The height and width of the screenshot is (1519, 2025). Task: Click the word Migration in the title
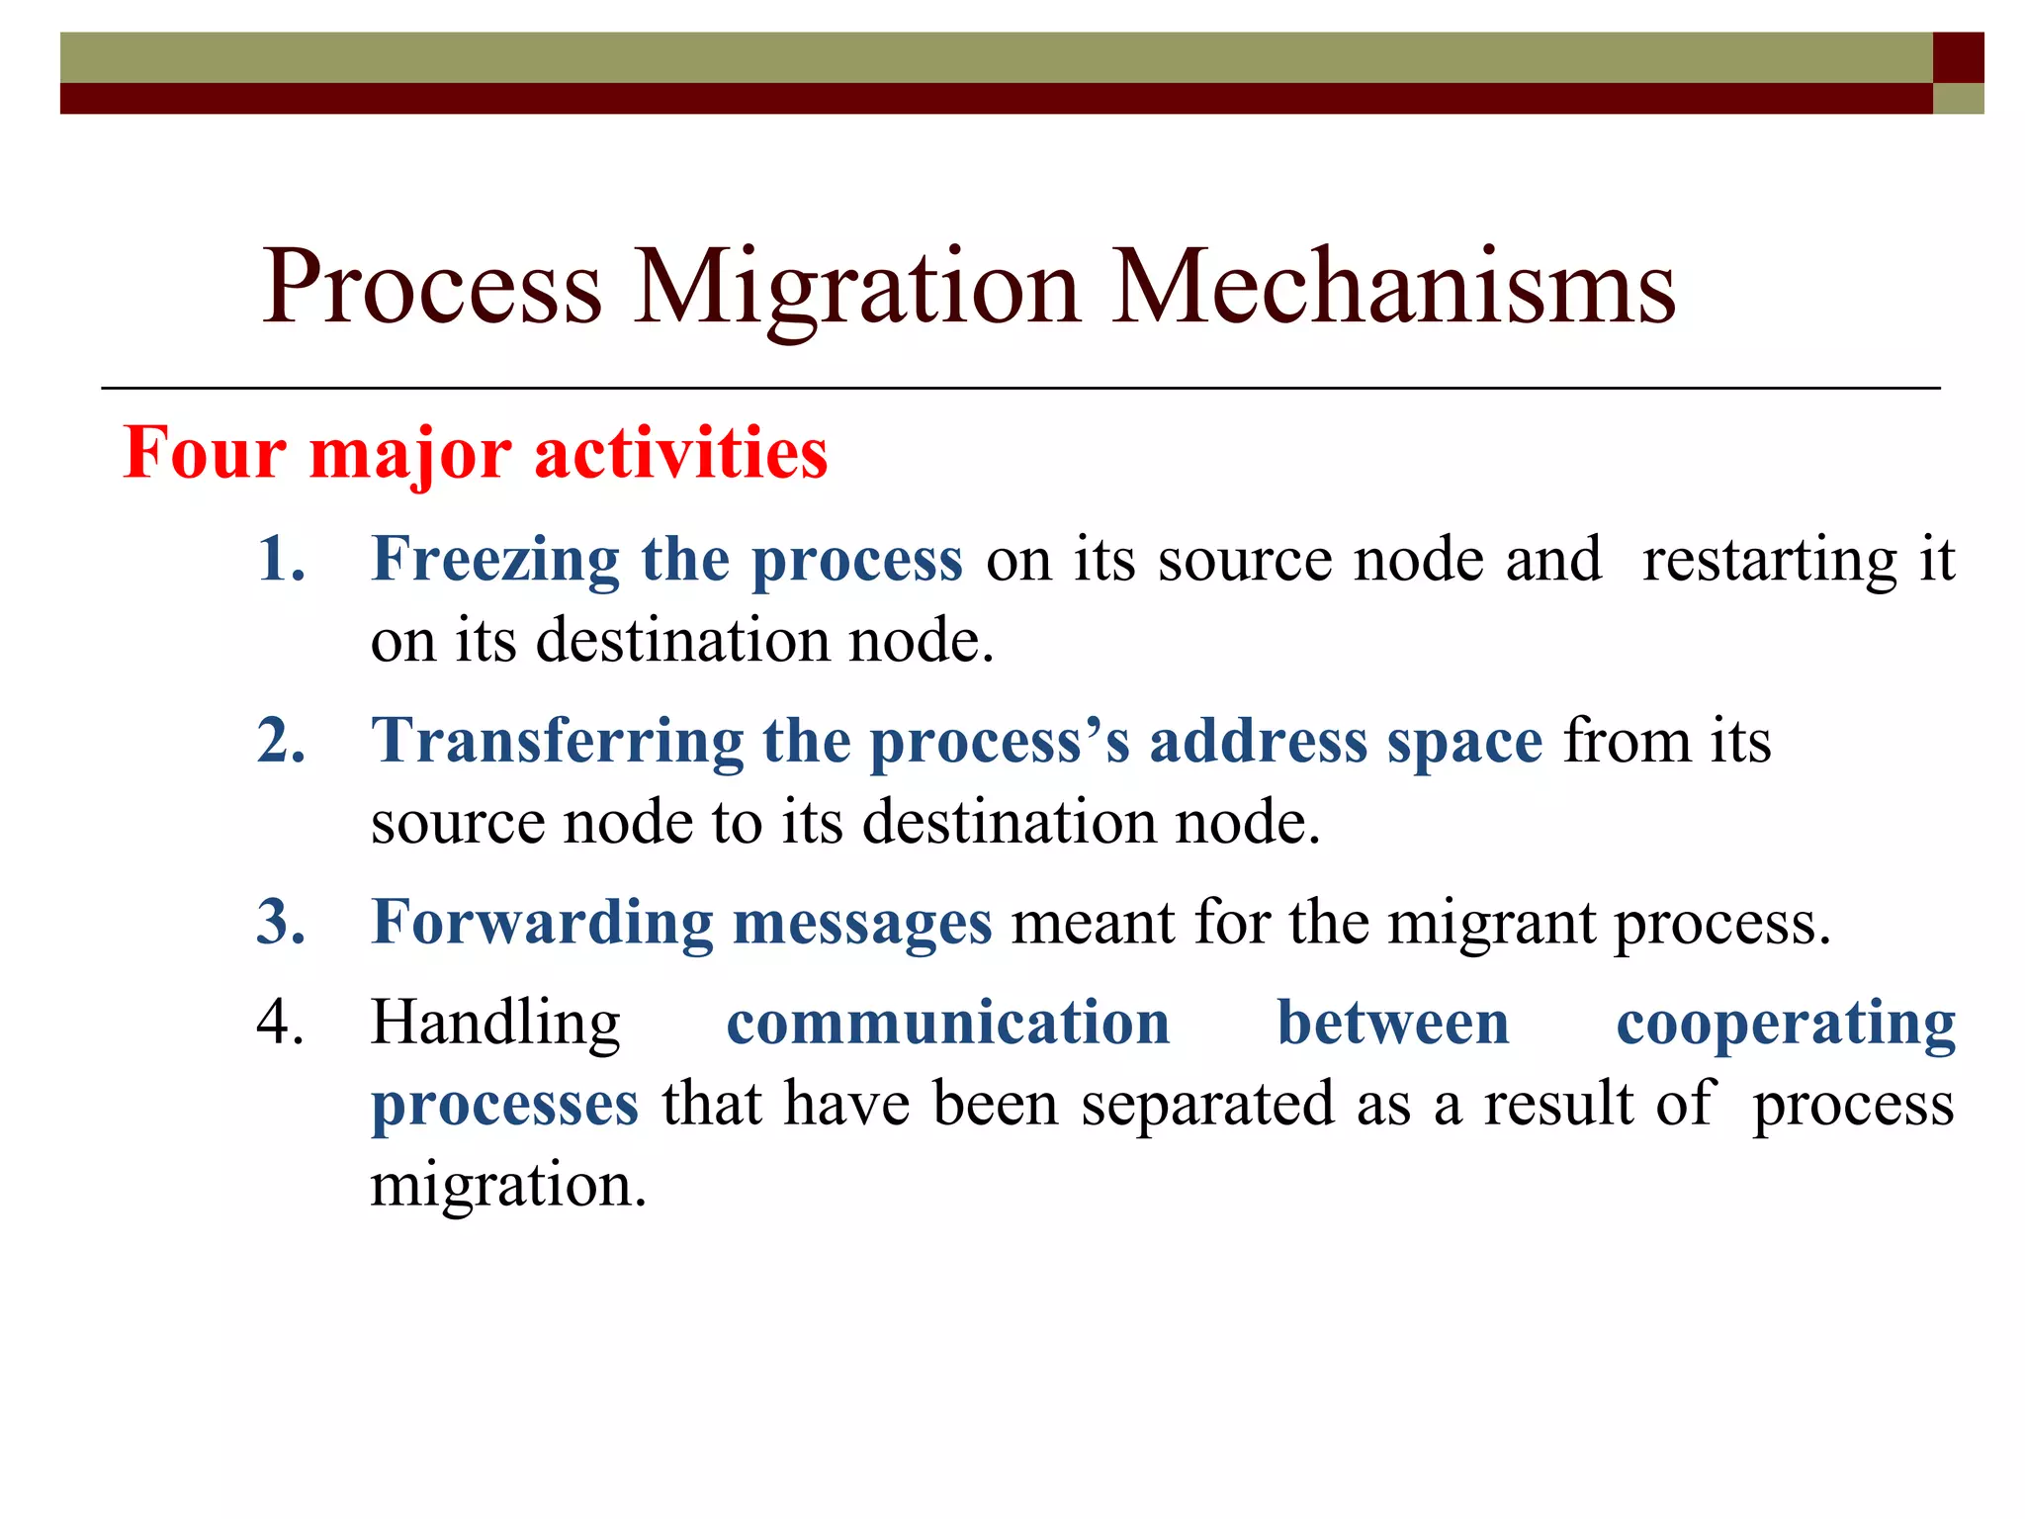point(856,289)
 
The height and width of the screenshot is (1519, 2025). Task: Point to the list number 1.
point(281,560)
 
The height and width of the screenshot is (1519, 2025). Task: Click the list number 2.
point(281,741)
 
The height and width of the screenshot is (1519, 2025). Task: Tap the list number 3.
point(281,923)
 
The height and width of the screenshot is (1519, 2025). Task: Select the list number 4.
point(281,1023)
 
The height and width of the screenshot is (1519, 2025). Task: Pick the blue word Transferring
point(557,742)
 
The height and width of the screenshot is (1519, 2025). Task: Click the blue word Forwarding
point(541,924)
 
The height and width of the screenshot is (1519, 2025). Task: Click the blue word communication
point(947,1023)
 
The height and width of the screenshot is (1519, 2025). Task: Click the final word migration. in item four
point(508,1186)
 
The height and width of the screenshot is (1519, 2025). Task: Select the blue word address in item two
point(1257,742)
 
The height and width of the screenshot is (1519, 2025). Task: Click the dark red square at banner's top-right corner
point(1958,57)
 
